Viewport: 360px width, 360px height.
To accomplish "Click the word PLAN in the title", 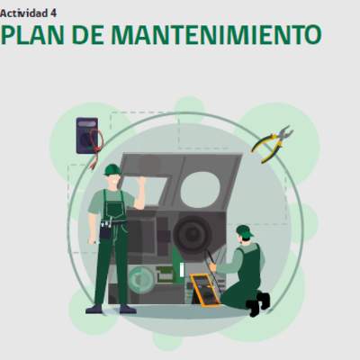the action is coord(32,34).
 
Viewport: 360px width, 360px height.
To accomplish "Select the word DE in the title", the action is coord(87,34).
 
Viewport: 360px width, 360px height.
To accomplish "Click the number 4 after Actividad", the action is coord(53,13).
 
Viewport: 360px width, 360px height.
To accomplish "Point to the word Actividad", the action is coord(24,13).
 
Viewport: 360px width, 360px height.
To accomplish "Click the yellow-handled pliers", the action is coord(273,144).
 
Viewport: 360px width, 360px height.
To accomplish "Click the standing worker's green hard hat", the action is coord(112,169).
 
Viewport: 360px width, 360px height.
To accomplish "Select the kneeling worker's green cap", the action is coord(244,230).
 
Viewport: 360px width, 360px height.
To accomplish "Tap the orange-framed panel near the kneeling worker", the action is coord(206,290).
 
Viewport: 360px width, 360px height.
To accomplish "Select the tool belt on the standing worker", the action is coord(111,226).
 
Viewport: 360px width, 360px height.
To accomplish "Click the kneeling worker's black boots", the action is coord(258,303).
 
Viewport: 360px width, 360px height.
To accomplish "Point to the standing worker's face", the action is coord(113,180).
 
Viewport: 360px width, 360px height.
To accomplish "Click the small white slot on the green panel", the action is coord(182,269).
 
